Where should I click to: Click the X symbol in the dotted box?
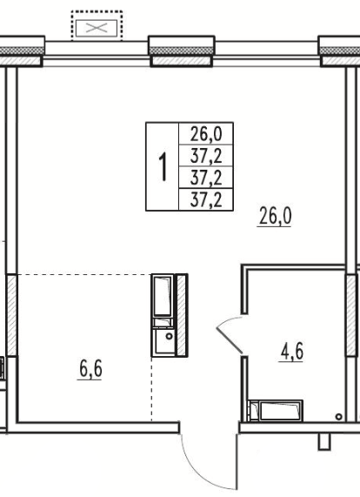(x=97, y=28)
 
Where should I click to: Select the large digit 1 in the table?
(x=163, y=167)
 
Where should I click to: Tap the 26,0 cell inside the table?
(x=206, y=134)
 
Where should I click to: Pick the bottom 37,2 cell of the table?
(x=206, y=199)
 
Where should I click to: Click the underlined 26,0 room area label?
(x=275, y=216)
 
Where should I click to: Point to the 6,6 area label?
(x=90, y=369)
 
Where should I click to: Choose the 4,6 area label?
(x=291, y=352)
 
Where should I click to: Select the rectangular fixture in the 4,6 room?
(x=276, y=411)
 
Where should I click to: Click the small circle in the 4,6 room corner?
(x=338, y=417)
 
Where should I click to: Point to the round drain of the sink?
(x=170, y=336)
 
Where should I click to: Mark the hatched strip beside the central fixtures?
(x=182, y=315)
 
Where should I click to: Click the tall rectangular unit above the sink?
(x=163, y=295)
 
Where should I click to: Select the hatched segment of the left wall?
(x=11, y=315)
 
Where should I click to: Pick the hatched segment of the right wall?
(x=351, y=315)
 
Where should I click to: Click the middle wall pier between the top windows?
(x=182, y=51)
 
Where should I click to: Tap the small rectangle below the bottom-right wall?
(x=324, y=441)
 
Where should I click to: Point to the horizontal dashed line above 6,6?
(x=84, y=274)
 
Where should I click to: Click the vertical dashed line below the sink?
(x=151, y=389)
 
